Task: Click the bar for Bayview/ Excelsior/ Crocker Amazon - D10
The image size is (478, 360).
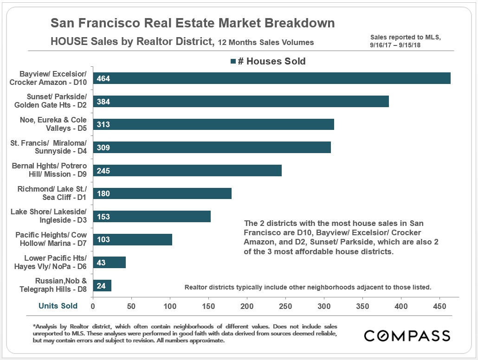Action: (271, 78)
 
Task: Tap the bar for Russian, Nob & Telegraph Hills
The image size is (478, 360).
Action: (102, 285)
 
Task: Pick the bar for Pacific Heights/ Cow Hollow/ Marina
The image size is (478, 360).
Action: (133, 239)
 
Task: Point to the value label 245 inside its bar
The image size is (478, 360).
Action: (103, 171)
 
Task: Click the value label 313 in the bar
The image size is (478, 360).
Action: (103, 125)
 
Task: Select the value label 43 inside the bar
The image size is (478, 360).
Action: (101, 263)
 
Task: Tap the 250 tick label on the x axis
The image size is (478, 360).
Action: (285, 306)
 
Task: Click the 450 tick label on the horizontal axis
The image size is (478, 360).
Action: (439, 306)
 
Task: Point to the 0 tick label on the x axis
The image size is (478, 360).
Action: (93, 306)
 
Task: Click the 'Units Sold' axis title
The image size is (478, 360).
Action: (58, 306)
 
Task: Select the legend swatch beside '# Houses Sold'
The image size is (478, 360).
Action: (233, 61)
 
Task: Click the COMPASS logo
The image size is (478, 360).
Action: (407, 336)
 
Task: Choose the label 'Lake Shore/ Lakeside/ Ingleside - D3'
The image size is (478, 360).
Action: (50, 216)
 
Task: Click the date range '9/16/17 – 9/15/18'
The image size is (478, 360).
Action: (400, 45)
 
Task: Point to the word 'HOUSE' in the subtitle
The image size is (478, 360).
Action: (69, 42)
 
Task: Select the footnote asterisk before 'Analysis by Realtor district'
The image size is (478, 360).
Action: (34, 327)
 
